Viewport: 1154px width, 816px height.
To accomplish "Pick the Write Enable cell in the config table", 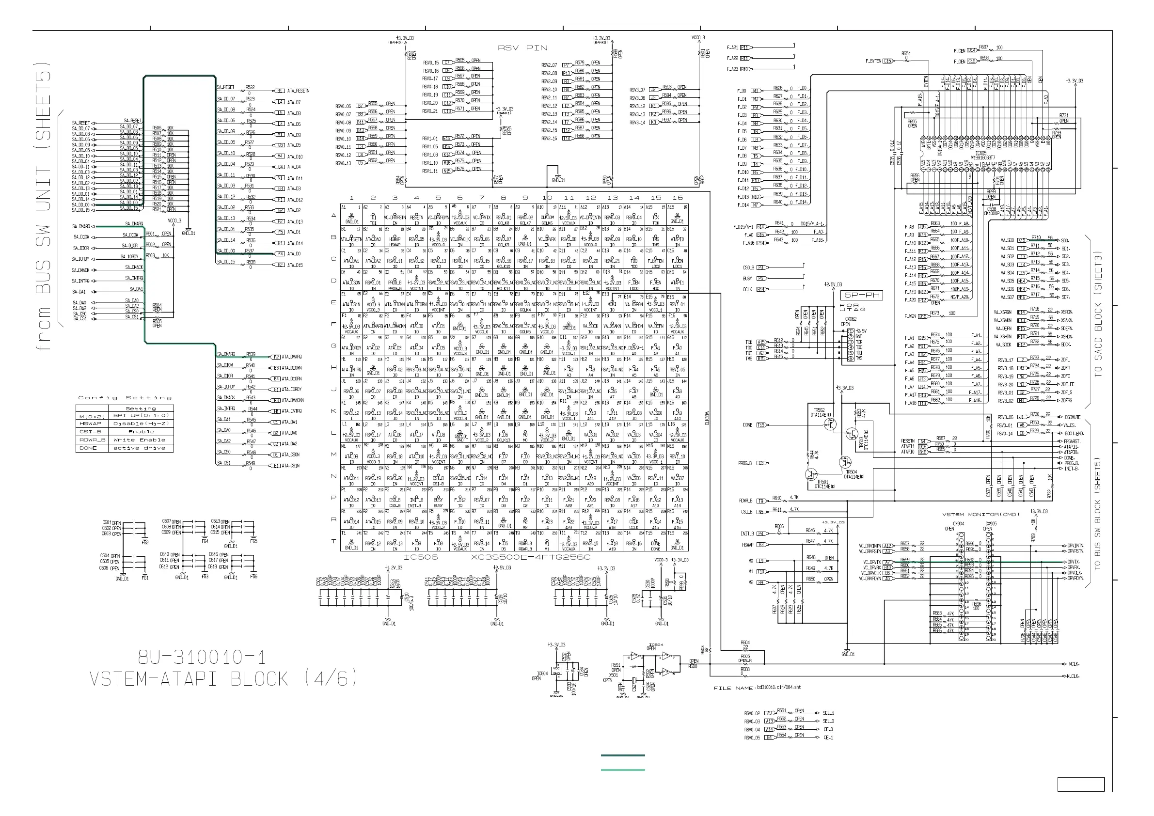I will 141,439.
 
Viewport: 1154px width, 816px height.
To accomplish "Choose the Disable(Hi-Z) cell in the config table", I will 141,424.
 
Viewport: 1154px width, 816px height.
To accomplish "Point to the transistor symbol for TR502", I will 829,425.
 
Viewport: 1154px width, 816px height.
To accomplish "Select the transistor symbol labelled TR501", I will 811,474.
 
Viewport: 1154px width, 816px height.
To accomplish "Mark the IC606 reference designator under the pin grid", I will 421,557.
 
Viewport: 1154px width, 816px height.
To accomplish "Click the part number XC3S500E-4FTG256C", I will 530,557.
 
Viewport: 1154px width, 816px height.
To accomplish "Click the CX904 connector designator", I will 959,523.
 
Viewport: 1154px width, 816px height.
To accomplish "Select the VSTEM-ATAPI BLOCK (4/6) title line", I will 223,679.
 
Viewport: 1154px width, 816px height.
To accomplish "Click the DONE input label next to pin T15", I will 747,425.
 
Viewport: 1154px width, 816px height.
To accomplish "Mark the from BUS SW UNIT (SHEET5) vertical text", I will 44,206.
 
